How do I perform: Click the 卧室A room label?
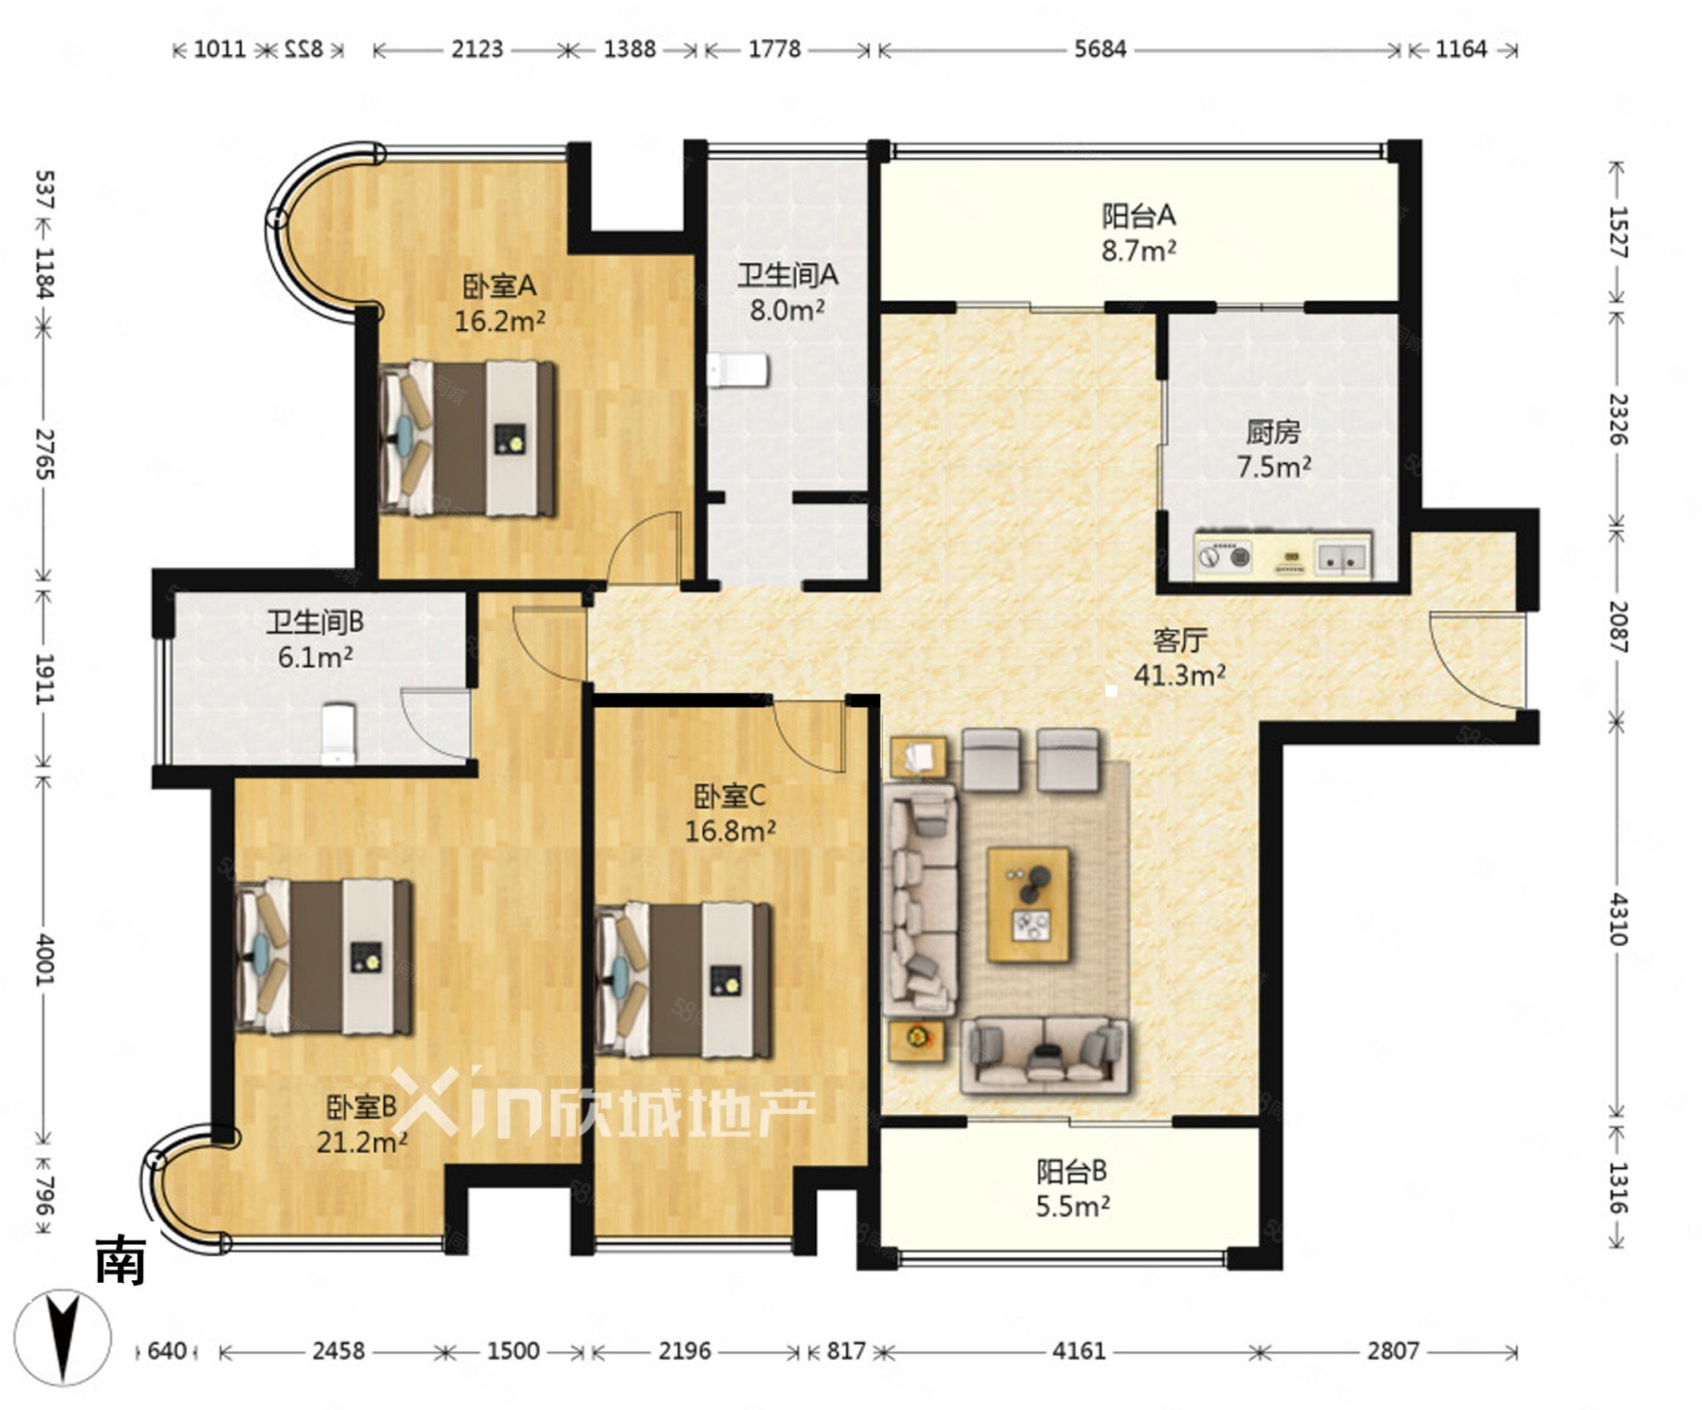[499, 287]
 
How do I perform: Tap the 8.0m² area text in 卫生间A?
[787, 311]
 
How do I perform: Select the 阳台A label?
[1139, 216]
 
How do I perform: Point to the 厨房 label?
[1273, 431]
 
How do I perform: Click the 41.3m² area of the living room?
[1179, 675]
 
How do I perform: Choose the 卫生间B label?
[315, 622]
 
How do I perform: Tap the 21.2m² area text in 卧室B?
[362, 1142]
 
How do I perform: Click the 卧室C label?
[730, 796]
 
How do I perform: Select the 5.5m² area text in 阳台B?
[1072, 1206]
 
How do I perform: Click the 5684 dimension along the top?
[1100, 49]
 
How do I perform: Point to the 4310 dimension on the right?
[1618, 919]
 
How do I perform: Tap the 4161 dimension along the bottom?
[1079, 1351]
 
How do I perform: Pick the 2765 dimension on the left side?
[45, 454]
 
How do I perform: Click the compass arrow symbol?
[63, 1339]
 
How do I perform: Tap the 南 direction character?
[121, 1260]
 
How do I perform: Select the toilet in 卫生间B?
[338, 734]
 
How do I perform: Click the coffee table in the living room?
[1028, 905]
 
